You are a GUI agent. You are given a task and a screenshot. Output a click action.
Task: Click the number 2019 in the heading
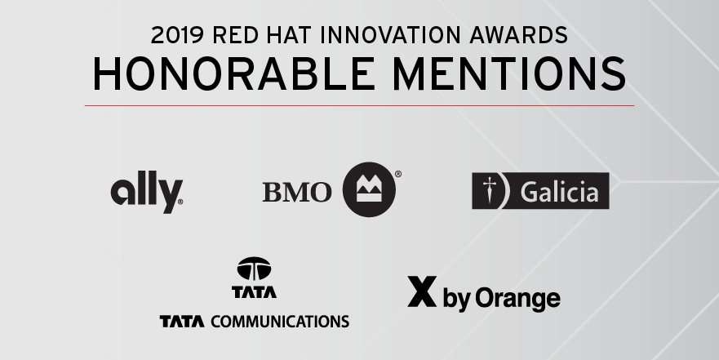coord(177,35)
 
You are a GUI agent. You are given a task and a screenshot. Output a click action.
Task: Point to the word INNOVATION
coord(390,35)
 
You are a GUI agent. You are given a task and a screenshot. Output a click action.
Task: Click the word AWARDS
coord(518,35)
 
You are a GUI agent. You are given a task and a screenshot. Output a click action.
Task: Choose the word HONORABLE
coord(234,73)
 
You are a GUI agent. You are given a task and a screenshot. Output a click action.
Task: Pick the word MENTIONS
coord(509,73)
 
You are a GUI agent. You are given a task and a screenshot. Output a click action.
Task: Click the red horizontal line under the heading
coord(359,105)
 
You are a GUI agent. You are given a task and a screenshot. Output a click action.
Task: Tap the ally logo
coord(147,192)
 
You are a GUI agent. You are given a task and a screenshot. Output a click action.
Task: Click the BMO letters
coord(297,192)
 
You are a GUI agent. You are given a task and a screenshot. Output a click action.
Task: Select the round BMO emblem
coord(369,189)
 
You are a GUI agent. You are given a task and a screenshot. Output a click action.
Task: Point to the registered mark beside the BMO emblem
coord(398,174)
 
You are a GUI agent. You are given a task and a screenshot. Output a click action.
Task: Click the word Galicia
coord(559,192)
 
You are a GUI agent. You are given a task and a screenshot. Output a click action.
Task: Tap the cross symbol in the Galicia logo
coord(490,191)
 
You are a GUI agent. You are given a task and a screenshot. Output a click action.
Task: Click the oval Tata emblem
coord(254,269)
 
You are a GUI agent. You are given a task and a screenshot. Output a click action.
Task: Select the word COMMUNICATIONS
coord(280,322)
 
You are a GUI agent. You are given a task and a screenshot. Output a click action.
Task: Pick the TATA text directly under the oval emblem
coord(254,292)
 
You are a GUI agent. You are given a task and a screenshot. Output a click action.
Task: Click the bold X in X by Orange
coord(422,291)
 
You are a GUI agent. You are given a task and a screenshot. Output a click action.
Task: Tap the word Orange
coord(517,300)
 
